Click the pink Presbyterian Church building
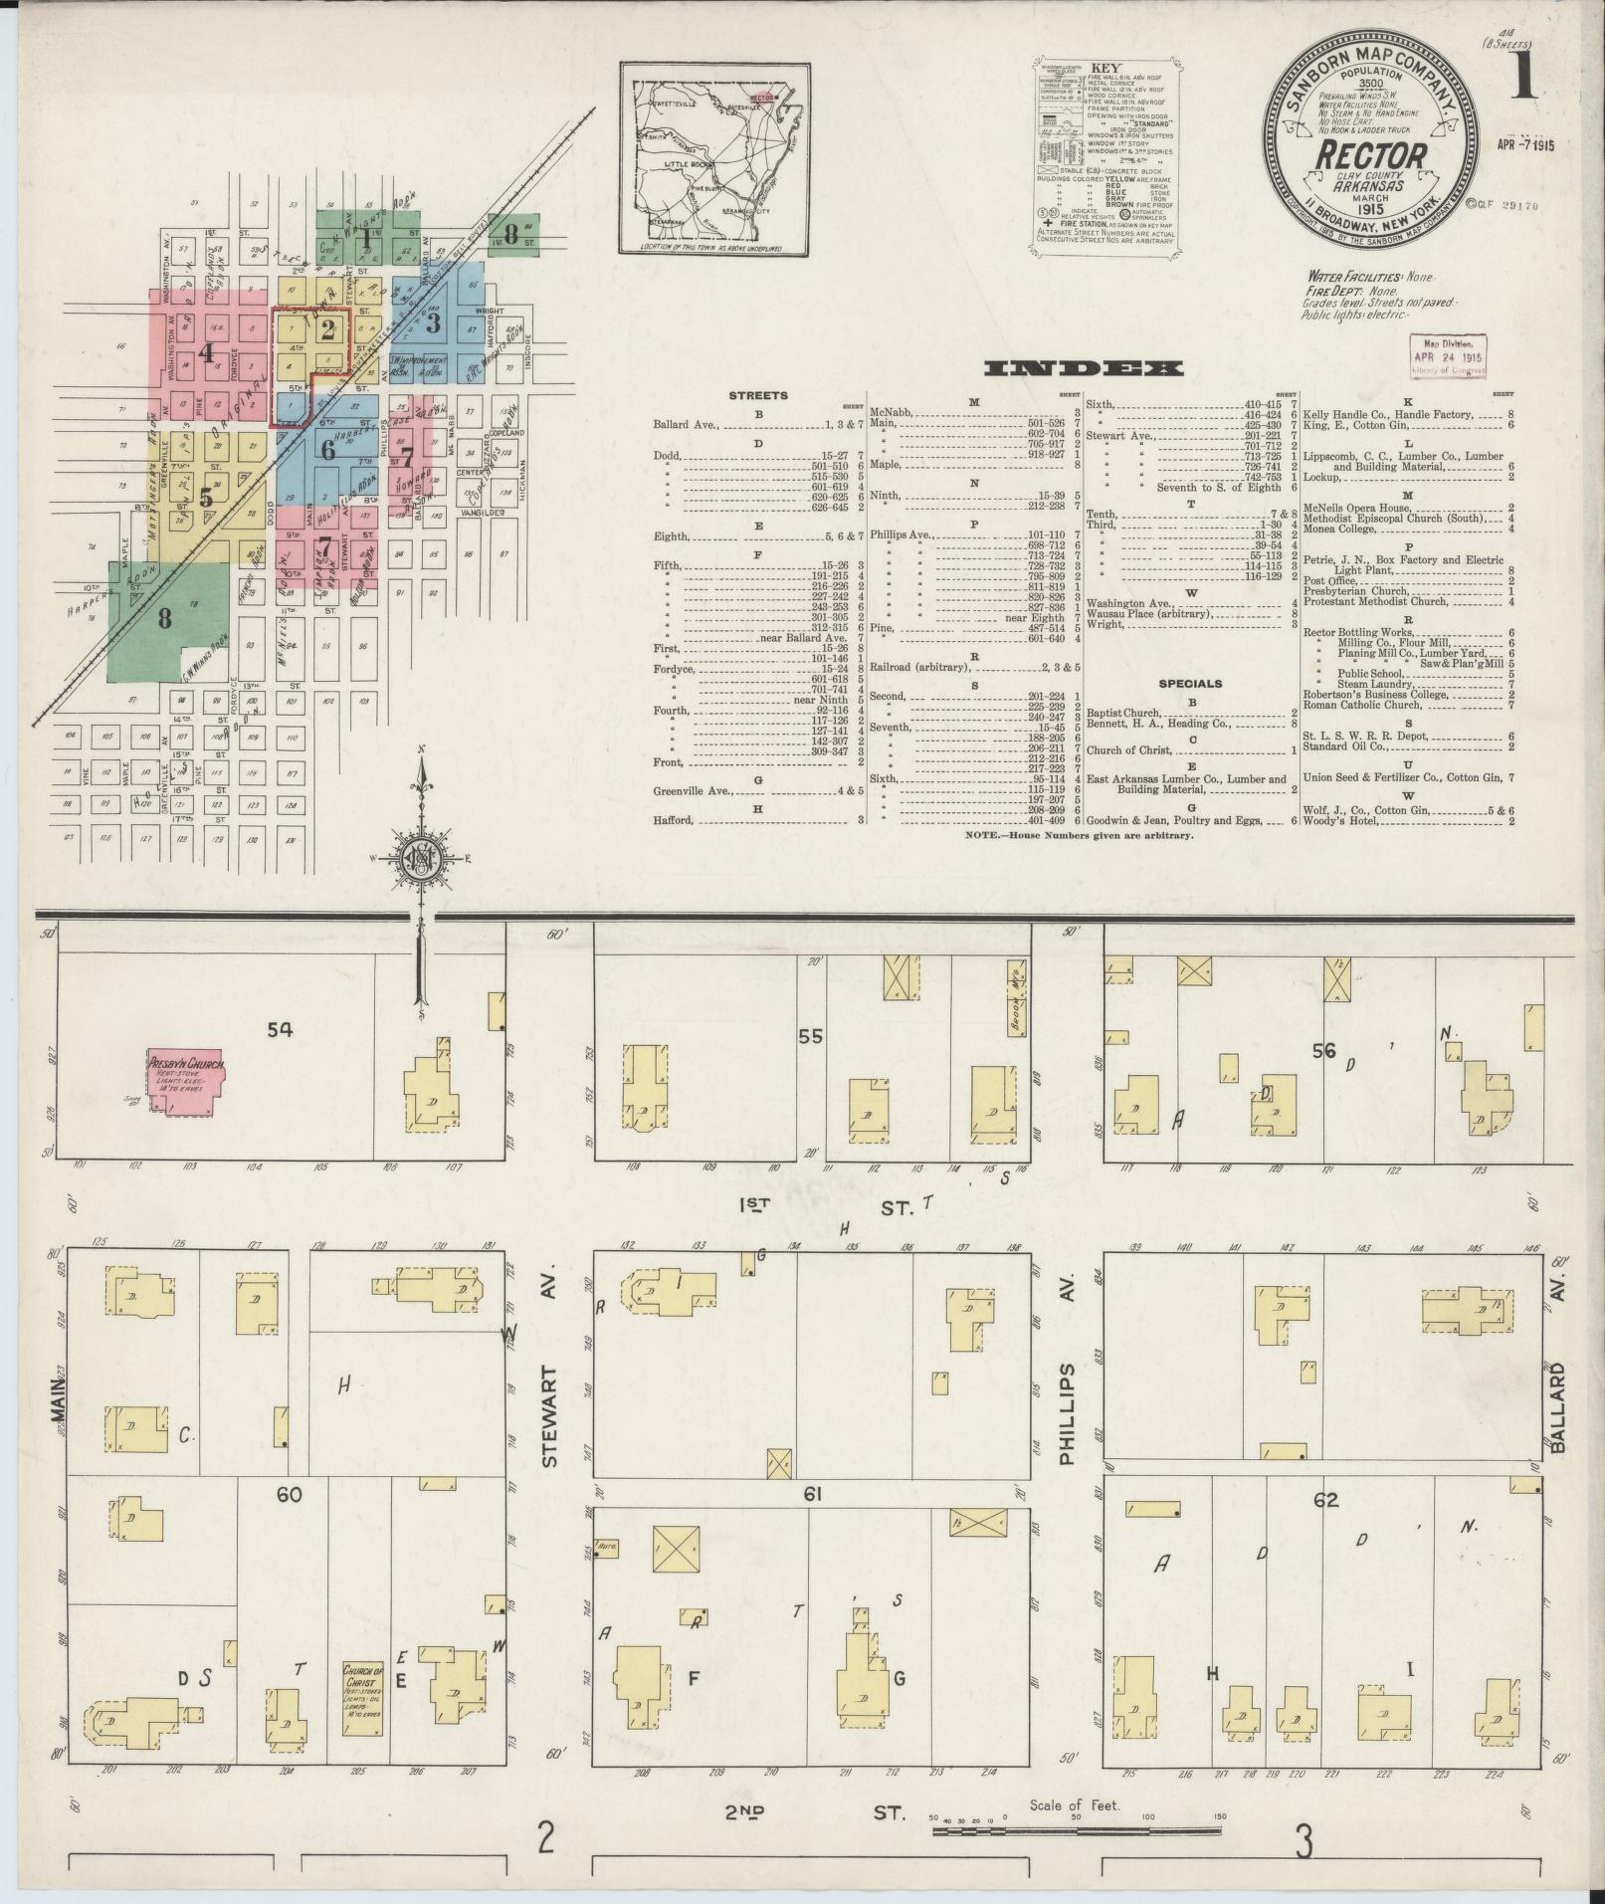(x=186, y=1078)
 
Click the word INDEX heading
(x=1084, y=369)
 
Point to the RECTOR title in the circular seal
(x=1373, y=155)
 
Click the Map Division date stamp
(x=1449, y=355)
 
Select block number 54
(x=281, y=1029)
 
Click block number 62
(x=1326, y=1528)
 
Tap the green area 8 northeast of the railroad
(x=511, y=234)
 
